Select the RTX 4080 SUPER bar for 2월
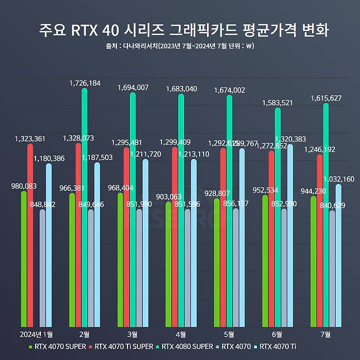(84, 208)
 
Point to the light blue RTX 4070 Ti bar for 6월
(291, 235)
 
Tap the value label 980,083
(24, 186)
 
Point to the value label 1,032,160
(339, 179)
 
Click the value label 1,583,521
(278, 102)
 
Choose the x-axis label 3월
(132, 334)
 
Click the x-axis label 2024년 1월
(36, 334)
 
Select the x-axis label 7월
(326, 334)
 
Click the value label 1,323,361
(31, 139)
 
